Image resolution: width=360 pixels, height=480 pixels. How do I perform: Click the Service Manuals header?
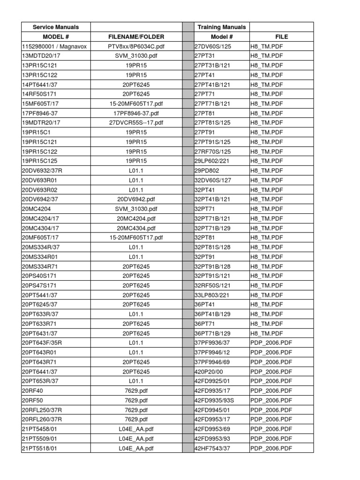56,27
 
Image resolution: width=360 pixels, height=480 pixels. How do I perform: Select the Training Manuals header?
222,27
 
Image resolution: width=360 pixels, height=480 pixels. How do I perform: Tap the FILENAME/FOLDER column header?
136,37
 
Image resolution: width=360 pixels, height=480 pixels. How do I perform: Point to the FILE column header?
282,37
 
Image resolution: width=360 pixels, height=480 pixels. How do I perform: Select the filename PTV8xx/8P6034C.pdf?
136,46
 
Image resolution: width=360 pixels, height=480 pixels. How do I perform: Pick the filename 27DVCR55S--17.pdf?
136,123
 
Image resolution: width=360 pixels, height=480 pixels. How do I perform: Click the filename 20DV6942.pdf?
136,199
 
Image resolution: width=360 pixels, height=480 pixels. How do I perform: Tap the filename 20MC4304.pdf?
136,228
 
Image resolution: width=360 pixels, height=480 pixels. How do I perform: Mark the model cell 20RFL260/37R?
42,419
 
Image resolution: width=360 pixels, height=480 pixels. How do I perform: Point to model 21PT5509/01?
39,438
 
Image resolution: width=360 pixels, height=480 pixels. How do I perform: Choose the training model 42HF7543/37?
213,448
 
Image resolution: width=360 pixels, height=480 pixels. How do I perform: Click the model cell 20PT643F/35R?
42,343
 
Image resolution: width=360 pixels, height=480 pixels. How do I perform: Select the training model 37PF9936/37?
213,343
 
